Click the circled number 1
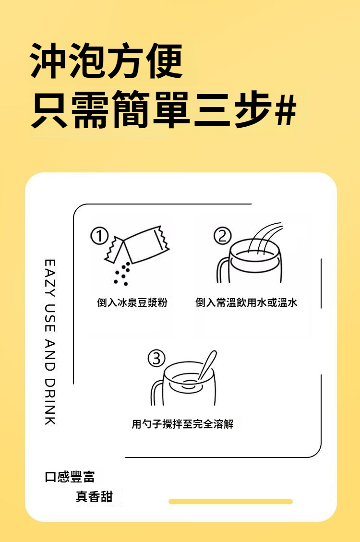(x=99, y=236)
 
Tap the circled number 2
(x=223, y=236)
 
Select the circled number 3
(x=157, y=358)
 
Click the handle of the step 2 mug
(x=223, y=271)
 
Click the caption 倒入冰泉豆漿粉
(x=132, y=302)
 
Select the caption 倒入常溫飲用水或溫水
(x=246, y=302)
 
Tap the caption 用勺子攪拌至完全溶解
(x=183, y=424)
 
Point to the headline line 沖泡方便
(x=106, y=61)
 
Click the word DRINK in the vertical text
(x=50, y=401)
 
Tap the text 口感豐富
(x=70, y=477)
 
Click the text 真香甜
(x=94, y=496)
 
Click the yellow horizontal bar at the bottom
(x=230, y=502)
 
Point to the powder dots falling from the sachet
(x=122, y=274)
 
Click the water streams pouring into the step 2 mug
(x=264, y=239)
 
